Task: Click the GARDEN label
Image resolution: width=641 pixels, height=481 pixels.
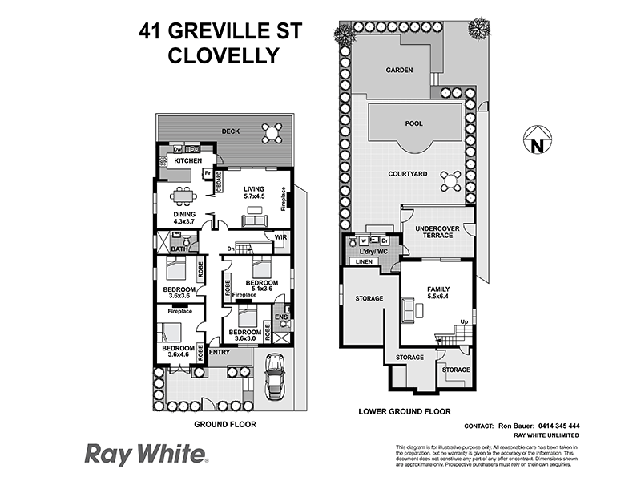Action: point(399,71)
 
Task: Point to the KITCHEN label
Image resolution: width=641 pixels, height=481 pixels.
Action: point(188,161)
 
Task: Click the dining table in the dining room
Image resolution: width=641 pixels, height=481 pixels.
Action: point(183,196)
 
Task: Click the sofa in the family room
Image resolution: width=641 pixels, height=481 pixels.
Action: point(409,309)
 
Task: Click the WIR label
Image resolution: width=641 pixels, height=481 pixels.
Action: point(280,237)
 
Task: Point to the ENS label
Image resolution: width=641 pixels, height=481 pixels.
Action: point(280,317)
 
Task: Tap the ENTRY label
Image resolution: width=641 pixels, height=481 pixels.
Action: point(220,352)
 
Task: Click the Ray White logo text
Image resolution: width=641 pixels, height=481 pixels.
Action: point(146,455)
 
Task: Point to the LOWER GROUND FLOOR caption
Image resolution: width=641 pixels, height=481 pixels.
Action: point(405,411)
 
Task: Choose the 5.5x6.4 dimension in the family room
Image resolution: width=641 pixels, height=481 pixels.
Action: point(437,297)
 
